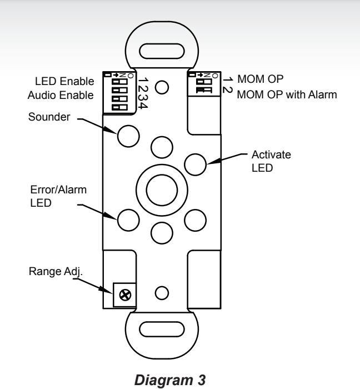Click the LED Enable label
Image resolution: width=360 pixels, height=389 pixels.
[64, 81]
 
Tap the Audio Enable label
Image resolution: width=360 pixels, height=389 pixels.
[61, 95]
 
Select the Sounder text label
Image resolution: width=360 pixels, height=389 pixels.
[49, 117]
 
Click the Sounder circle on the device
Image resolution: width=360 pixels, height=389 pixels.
[128, 136]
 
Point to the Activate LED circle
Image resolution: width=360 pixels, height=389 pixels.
[196, 164]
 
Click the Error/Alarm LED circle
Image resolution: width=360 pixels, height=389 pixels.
[128, 220]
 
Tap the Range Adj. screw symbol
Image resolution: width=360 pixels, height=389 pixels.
[125, 295]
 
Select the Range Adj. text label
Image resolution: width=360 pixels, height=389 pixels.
[56, 272]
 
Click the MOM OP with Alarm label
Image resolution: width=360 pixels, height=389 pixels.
[287, 94]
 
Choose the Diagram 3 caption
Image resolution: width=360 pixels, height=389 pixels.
[170, 380]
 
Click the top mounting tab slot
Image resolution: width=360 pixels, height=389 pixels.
[162, 51]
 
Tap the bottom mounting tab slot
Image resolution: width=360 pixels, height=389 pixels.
[162, 329]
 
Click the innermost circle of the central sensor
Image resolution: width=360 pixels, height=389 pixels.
[162, 190]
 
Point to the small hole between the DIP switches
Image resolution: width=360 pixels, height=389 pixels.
[162, 87]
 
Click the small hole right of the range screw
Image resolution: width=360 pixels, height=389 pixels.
[162, 293]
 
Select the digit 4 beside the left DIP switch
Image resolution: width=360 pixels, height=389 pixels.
[143, 105]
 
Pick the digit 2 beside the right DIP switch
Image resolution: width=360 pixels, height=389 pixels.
[227, 89]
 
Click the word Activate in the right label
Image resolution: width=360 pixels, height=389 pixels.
[271, 154]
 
